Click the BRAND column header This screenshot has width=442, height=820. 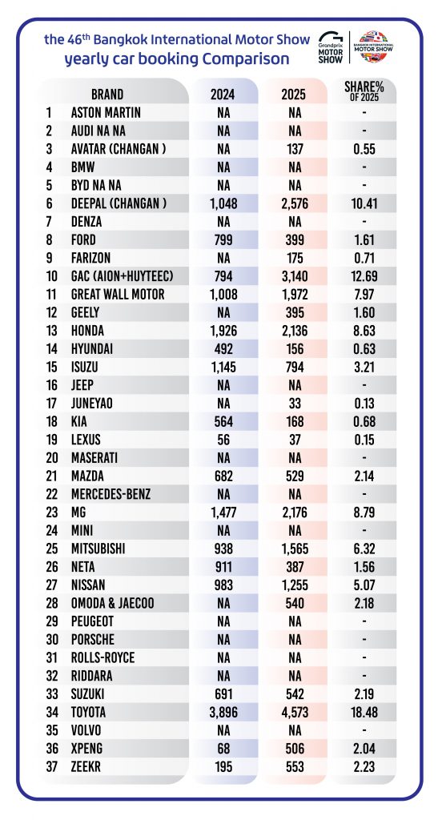[x=107, y=94]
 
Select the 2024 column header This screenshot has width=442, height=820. [x=223, y=94]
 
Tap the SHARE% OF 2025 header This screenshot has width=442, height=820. [x=364, y=91]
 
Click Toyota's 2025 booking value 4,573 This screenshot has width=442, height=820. [x=295, y=712]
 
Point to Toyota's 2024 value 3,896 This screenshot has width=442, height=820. [x=223, y=712]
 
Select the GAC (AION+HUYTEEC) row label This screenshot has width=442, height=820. [x=122, y=276]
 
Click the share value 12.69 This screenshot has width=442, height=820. [x=364, y=276]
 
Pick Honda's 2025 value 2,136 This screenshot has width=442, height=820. [x=295, y=331]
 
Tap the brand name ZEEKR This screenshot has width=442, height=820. [x=86, y=766]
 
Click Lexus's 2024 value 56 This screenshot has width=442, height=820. [x=223, y=440]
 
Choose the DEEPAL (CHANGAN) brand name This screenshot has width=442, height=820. [x=119, y=203]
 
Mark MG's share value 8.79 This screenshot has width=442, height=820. [x=364, y=512]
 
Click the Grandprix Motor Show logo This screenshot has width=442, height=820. [x=331, y=47]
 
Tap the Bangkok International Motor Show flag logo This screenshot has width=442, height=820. [x=373, y=46]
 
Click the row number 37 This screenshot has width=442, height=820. [x=52, y=766]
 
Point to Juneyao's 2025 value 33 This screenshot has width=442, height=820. [x=295, y=404]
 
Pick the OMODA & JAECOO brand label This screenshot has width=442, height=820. [x=112, y=603]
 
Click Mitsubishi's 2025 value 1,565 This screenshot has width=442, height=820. [x=295, y=549]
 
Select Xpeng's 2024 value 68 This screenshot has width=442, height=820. [x=223, y=749]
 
